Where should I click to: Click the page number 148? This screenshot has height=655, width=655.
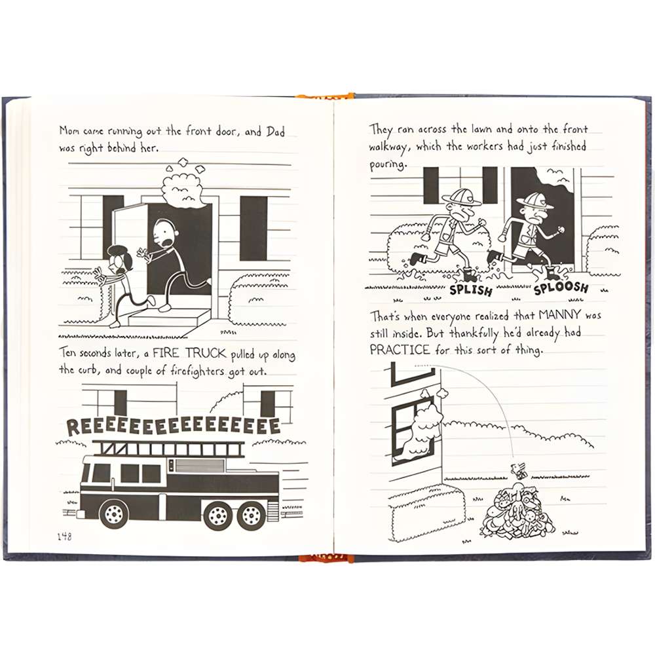[x=64, y=536]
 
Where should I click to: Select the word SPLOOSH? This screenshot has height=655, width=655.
[x=560, y=288]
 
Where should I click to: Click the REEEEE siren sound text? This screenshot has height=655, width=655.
[x=174, y=426]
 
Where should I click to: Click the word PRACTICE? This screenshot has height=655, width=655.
[x=400, y=350]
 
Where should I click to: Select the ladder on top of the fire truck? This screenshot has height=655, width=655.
[x=168, y=448]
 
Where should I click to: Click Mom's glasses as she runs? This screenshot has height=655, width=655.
[x=118, y=259]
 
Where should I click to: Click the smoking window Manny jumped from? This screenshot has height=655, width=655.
[x=413, y=429]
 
